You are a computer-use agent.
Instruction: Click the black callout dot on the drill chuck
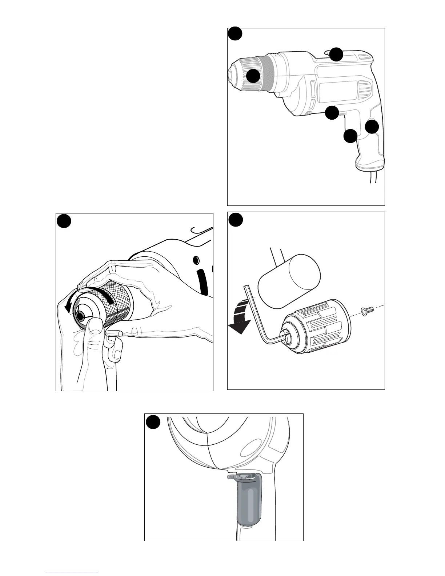click(253, 76)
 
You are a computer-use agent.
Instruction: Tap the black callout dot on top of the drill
click(336, 54)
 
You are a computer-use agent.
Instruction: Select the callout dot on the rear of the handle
click(372, 127)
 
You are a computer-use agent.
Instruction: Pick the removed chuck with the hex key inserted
click(314, 328)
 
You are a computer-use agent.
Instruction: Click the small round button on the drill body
click(196, 260)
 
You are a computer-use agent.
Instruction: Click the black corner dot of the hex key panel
click(236, 220)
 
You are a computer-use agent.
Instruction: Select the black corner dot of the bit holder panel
click(153, 422)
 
